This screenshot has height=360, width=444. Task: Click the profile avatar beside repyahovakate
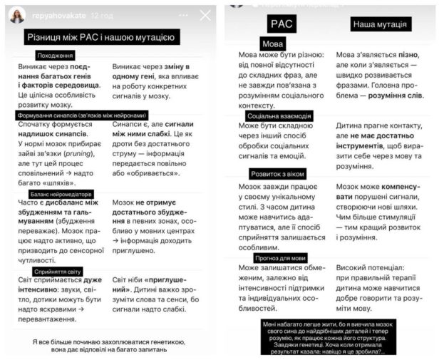tap(17, 15)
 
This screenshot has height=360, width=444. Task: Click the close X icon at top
tap(205, 15)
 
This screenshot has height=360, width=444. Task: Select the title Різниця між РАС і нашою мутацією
tap(110, 38)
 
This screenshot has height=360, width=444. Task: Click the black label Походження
tap(54, 56)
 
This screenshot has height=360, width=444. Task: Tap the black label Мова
tap(273, 44)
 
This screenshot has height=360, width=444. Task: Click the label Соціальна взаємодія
tap(277, 115)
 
